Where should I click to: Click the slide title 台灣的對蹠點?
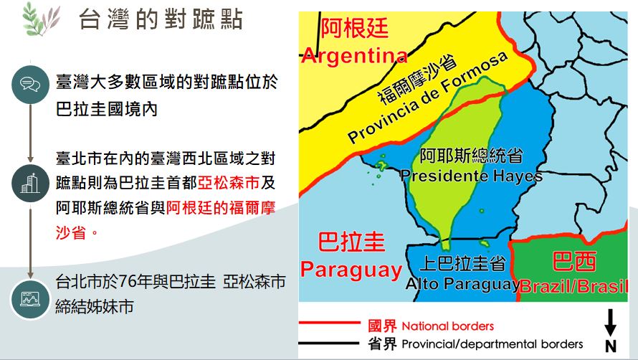[x=161, y=19]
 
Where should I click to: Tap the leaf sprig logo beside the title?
[x=41, y=19]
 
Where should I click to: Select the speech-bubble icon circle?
[x=31, y=85]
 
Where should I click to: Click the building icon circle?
[x=31, y=184]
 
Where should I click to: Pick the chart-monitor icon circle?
[x=31, y=299]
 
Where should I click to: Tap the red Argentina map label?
[x=354, y=56]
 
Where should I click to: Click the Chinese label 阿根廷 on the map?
[x=354, y=29]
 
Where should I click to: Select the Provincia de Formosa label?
[x=428, y=98]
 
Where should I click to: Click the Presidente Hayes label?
[x=471, y=176]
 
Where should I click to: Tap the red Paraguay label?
[x=351, y=270]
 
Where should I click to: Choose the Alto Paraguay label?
[x=462, y=283]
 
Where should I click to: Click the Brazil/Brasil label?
[x=573, y=286]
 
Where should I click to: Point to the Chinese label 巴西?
[x=574, y=261]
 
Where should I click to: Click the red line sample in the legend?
[x=330, y=323]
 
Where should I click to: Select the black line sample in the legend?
[x=329, y=343]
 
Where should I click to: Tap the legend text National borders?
[x=447, y=326]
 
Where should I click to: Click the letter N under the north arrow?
[x=610, y=346]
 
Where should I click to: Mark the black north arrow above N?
[x=610, y=323]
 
